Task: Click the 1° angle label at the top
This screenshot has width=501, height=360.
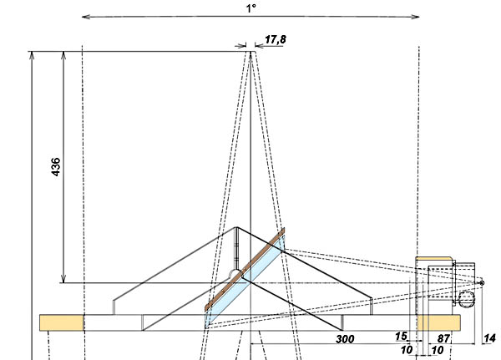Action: pyautogui.click(x=251, y=8)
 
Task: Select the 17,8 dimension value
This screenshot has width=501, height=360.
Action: pyautogui.click(x=276, y=39)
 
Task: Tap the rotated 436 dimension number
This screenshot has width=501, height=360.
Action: pyautogui.click(x=56, y=166)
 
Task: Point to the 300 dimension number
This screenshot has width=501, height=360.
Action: pyautogui.click(x=345, y=339)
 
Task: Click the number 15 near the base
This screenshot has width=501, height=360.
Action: pyautogui.click(x=401, y=336)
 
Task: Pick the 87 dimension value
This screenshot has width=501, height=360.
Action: pyautogui.click(x=443, y=338)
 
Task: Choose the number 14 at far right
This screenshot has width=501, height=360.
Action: pyautogui.click(x=489, y=338)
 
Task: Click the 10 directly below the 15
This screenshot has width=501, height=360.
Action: pyautogui.click(x=407, y=350)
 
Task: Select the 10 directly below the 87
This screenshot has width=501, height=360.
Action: pyautogui.click(x=437, y=351)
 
